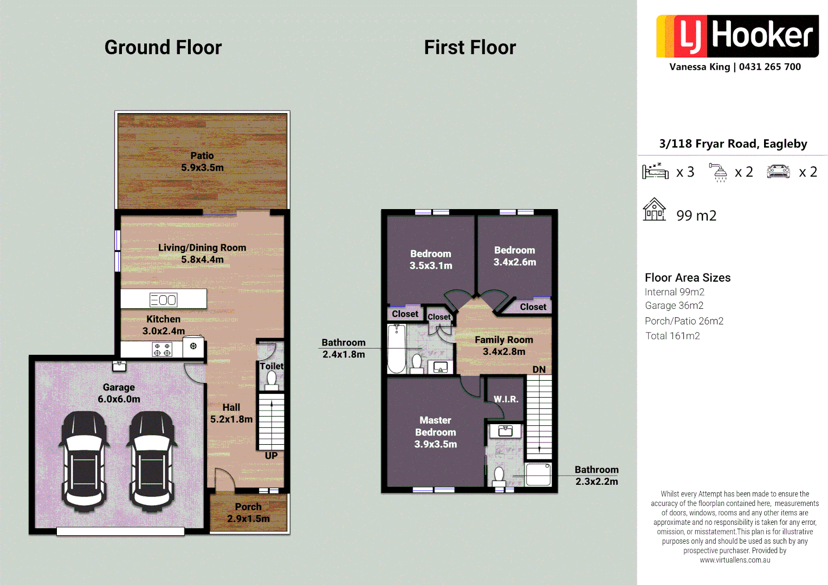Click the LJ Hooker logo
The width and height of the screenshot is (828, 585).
click(x=737, y=36)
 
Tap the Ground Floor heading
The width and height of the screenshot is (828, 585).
click(x=163, y=48)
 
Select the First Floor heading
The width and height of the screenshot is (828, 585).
click(x=470, y=48)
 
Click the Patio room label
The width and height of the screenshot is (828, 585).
click(x=202, y=161)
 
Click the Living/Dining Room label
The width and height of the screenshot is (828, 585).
click(x=202, y=253)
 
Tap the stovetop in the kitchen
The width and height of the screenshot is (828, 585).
click(x=162, y=349)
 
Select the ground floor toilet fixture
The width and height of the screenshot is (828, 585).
click(x=271, y=380)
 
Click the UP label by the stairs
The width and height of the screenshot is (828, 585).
click(x=271, y=456)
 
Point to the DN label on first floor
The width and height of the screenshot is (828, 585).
click(x=539, y=369)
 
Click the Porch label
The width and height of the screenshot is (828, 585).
click(x=248, y=512)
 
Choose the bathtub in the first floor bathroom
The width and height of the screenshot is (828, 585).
click(x=397, y=349)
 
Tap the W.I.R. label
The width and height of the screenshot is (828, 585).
click(x=506, y=399)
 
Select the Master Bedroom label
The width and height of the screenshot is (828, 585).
click(x=435, y=432)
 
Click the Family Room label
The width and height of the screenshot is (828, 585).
click(x=504, y=346)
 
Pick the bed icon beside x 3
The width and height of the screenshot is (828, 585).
click(x=655, y=171)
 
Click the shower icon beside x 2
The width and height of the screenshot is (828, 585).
click(x=719, y=172)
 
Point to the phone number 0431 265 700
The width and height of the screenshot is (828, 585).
click(x=769, y=67)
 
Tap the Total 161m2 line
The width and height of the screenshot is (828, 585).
click(x=672, y=336)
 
